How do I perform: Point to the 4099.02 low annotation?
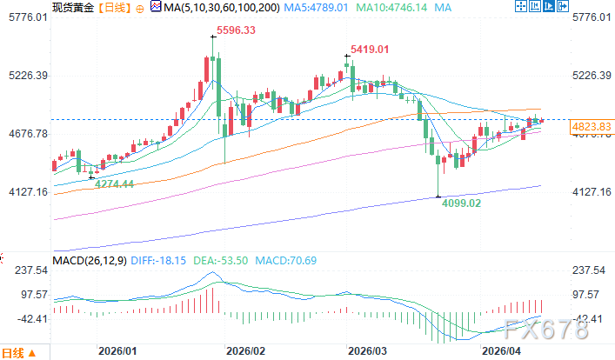point(461,204)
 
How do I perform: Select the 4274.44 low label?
point(114,183)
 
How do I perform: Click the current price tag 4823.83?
point(591,127)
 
